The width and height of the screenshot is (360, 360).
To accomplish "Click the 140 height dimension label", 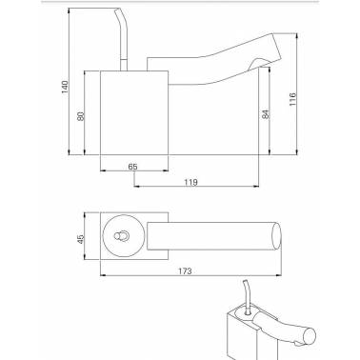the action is [65, 87].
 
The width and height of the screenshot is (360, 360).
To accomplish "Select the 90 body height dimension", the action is [81, 116].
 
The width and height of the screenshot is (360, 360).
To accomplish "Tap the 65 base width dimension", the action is [133, 167].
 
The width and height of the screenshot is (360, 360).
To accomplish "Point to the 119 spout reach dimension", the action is [190, 182].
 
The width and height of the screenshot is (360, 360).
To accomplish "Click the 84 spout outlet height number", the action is [266, 114].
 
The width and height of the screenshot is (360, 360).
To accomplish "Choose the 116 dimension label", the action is [292, 99].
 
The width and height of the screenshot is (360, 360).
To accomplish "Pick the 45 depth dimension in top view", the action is [81, 239].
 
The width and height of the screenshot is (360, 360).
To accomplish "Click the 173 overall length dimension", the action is [185, 271].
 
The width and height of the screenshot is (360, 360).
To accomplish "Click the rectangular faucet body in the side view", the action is [134, 112].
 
